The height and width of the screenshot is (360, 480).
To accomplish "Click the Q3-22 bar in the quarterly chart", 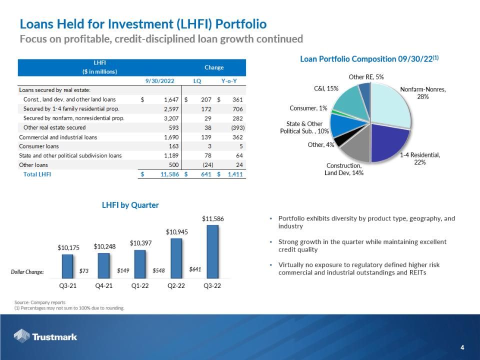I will pos(212,251).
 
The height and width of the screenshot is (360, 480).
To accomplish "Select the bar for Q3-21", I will pos(67,266).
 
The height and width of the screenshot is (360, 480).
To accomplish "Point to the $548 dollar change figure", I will pos(159,271).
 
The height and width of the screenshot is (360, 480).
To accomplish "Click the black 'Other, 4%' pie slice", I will pos(341,141).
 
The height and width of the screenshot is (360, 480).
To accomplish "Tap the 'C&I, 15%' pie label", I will pos(326,88).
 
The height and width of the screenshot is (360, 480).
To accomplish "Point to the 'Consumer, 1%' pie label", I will pos(308,108).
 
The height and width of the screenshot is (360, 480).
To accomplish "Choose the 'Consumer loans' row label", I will pos(39,146).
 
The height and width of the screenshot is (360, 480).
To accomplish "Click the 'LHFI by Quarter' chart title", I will pos(130,205).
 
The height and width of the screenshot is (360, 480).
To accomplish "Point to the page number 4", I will pos(462,347).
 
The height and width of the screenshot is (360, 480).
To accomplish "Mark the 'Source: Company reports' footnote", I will pos(36,302).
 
